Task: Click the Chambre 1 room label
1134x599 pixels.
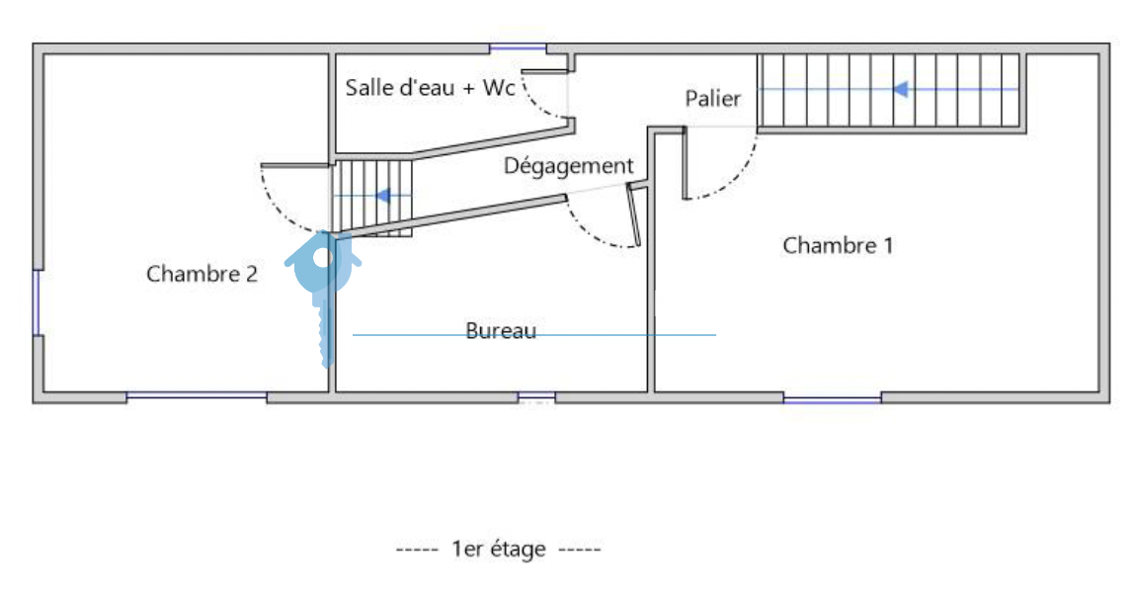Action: [838, 245]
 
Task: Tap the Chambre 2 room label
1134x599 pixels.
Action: [202, 274]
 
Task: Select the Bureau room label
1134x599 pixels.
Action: [501, 330]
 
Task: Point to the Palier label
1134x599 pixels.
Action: [712, 99]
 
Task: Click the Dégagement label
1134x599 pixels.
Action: [568, 166]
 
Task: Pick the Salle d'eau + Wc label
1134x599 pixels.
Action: [430, 87]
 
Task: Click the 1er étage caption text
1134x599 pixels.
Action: [498, 549]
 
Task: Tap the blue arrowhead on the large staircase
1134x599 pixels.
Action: [900, 89]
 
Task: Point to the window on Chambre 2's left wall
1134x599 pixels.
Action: [38, 302]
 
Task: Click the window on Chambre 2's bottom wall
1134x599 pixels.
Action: [197, 396]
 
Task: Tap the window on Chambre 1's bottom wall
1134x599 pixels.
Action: [832, 398]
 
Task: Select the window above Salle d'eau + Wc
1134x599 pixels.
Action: [518, 47]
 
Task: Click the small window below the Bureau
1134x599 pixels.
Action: [536, 397]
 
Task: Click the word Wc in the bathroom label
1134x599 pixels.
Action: [499, 87]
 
